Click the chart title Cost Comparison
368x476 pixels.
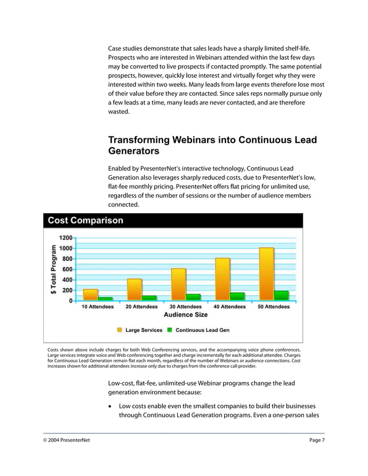point(85,221)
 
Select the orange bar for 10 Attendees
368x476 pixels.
point(91,295)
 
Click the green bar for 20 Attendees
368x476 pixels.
point(149,298)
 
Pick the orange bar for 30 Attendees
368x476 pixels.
point(178,285)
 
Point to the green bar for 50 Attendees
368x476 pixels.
point(281,296)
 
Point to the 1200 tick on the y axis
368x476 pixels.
point(64,237)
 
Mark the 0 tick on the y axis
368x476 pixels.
point(70,301)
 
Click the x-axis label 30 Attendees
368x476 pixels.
point(185,307)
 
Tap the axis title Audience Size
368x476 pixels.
point(186,315)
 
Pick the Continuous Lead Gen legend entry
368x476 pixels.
point(198,330)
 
